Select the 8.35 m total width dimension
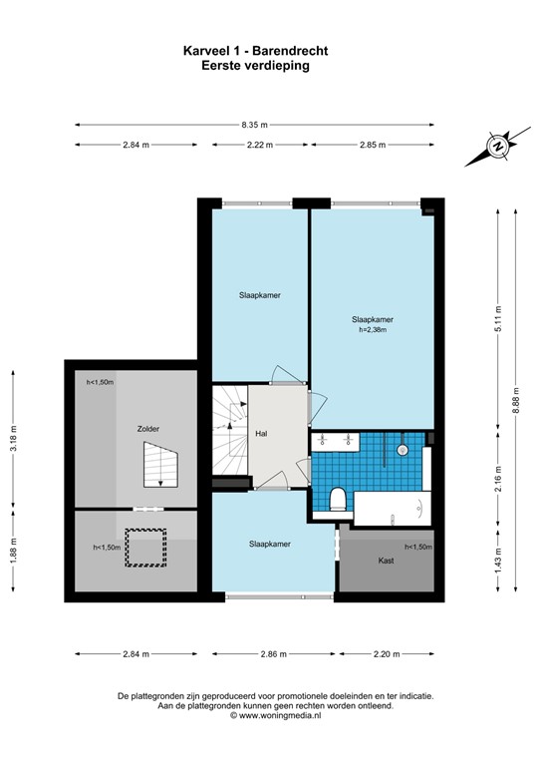point(254,125)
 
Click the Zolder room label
point(148,429)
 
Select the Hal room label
point(261,434)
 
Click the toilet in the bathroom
point(338,499)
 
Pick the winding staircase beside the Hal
point(228,430)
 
